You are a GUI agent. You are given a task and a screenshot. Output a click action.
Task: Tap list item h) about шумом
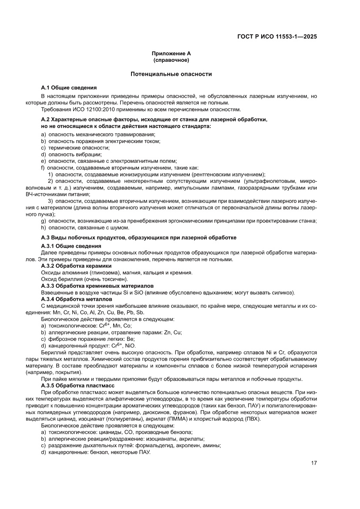tap(85, 227)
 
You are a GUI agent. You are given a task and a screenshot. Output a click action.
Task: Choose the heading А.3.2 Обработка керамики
tap(76, 266)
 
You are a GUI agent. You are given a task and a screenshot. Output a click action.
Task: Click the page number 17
tap(313, 463)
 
